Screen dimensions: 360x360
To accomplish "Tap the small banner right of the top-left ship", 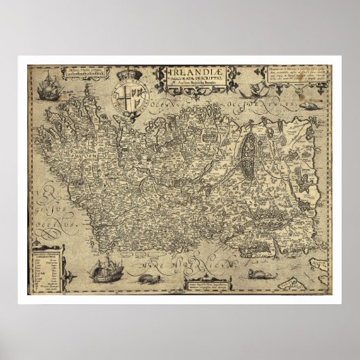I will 89,69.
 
